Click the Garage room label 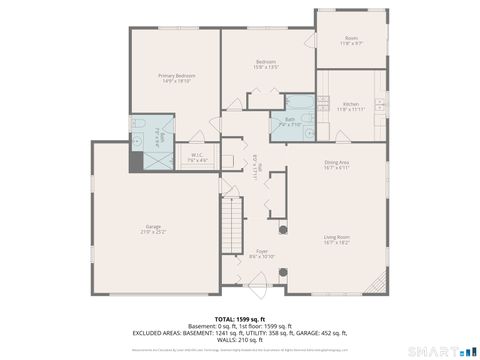point(154,229)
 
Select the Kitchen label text point(350,106)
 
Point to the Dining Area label point(336,165)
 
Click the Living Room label point(336,239)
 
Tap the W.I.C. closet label point(198,157)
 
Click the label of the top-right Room point(350,41)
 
